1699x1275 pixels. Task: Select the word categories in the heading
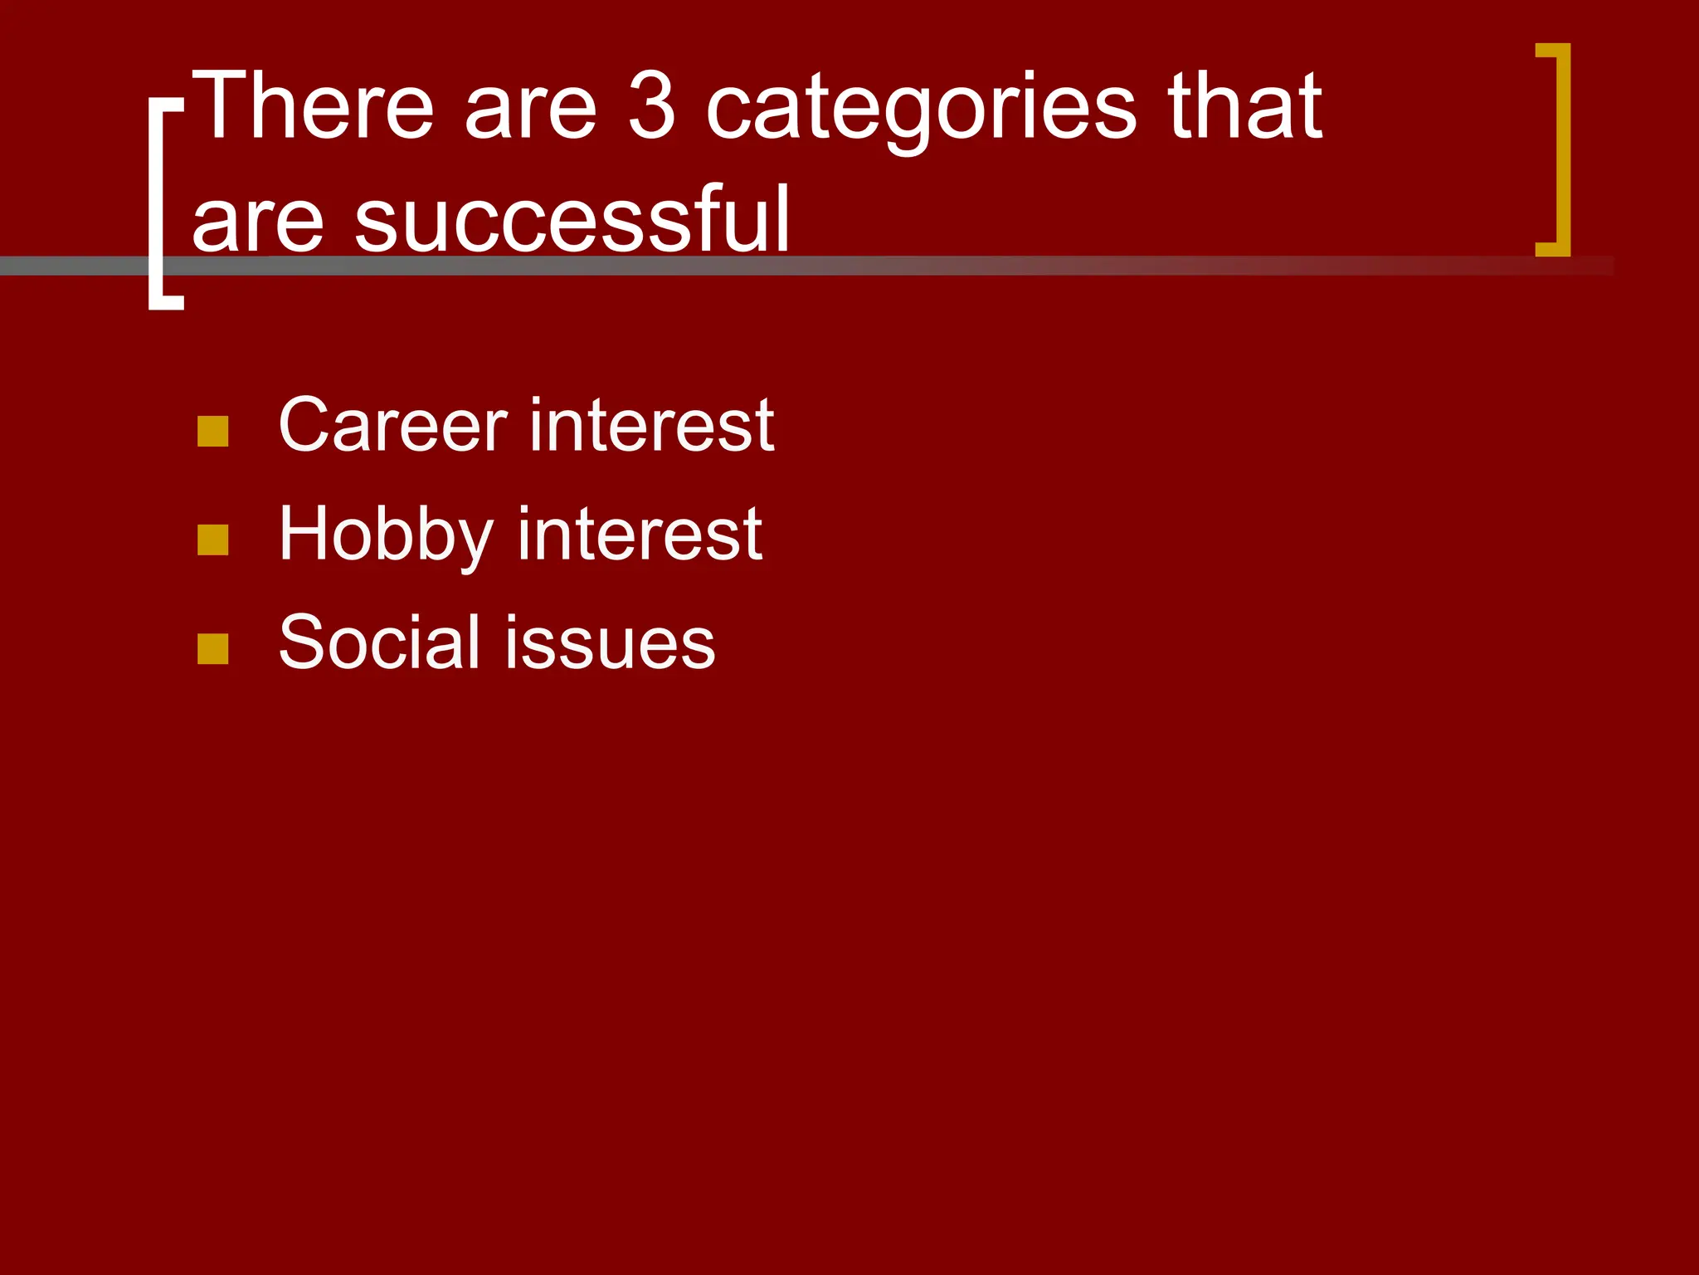tap(921, 112)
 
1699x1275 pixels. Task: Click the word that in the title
tap(1244, 106)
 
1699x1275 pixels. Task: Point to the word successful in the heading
tap(572, 219)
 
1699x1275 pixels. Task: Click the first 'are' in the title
tap(530, 111)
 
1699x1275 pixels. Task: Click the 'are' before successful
tap(257, 224)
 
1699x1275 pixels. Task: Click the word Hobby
tap(386, 536)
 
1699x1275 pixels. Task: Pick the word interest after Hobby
tap(640, 535)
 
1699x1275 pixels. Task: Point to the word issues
tap(610, 643)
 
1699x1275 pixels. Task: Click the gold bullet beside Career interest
tap(213, 432)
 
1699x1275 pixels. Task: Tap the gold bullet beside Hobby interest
tap(213, 540)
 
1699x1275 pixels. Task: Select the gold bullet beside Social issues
tap(213, 649)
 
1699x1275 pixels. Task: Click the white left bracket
tap(156, 204)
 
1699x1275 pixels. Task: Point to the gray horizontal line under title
tap(996, 266)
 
